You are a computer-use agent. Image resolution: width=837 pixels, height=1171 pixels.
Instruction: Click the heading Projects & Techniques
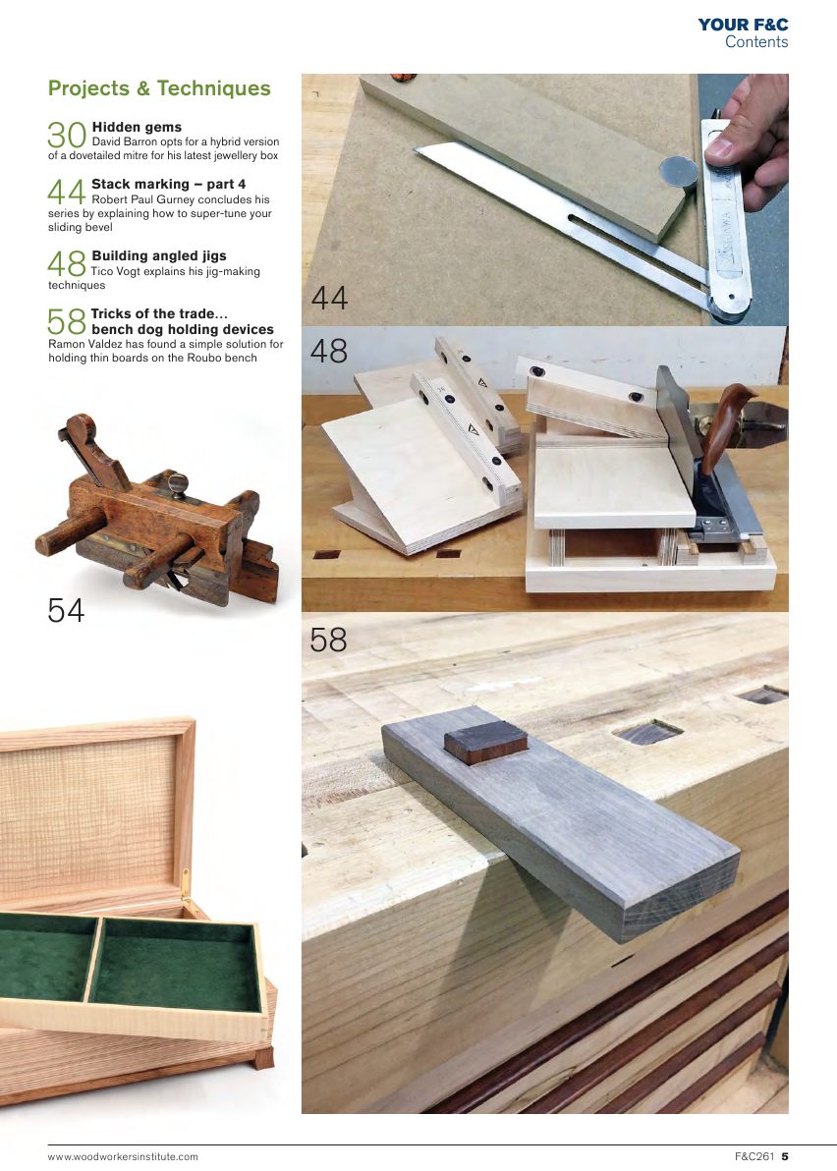pyautogui.click(x=159, y=88)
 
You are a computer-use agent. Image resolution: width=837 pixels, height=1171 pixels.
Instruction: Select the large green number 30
pyautogui.click(x=68, y=136)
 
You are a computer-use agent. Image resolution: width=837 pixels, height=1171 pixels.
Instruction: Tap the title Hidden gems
pyautogui.click(x=137, y=128)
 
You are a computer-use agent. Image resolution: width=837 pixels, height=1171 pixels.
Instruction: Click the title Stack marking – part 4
pyautogui.click(x=168, y=184)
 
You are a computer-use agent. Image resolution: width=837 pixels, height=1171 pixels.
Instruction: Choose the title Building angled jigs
pyautogui.click(x=158, y=256)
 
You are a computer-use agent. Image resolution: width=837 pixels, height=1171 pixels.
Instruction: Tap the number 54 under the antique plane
pyautogui.click(x=67, y=611)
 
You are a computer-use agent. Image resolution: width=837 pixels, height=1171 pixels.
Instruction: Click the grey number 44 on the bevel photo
pyautogui.click(x=329, y=298)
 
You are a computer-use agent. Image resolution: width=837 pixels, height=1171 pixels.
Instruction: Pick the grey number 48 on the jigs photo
pyautogui.click(x=329, y=351)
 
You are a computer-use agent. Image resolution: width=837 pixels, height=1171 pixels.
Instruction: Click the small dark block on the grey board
pyautogui.click(x=485, y=743)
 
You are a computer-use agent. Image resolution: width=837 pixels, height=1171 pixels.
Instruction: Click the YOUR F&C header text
pyautogui.click(x=743, y=25)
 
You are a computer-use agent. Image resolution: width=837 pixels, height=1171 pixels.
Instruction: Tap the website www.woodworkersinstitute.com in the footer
pyautogui.click(x=123, y=1156)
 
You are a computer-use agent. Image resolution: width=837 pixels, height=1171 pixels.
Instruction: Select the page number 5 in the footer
pyautogui.click(x=785, y=1156)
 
